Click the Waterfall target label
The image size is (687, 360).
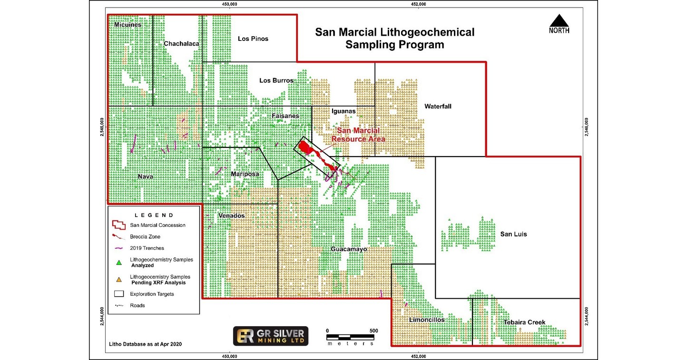[x=438, y=107]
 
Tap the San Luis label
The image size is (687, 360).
[x=513, y=234]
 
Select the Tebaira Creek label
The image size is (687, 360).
[x=525, y=322]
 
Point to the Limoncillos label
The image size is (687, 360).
[x=427, y=320]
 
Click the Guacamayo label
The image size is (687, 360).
[x=349, y=249]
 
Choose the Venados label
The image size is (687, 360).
[x=231, y=216]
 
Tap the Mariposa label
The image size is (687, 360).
[x=245, y=174]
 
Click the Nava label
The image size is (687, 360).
[x=145, y=176]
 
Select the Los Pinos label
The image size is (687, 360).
[x=253, y=39]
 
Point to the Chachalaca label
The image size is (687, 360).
[x=181, y=44]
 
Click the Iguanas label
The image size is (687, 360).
[x=343, y=111]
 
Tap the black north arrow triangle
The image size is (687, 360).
[x=559, y=21]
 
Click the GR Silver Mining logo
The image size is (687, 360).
[x=270, y=336]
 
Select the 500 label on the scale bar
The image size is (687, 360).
[x=373, y=331]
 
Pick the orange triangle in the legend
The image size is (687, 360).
[x=119, y=280]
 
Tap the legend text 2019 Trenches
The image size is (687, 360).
[x=147, y=248]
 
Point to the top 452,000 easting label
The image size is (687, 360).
[x=418, y=5]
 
